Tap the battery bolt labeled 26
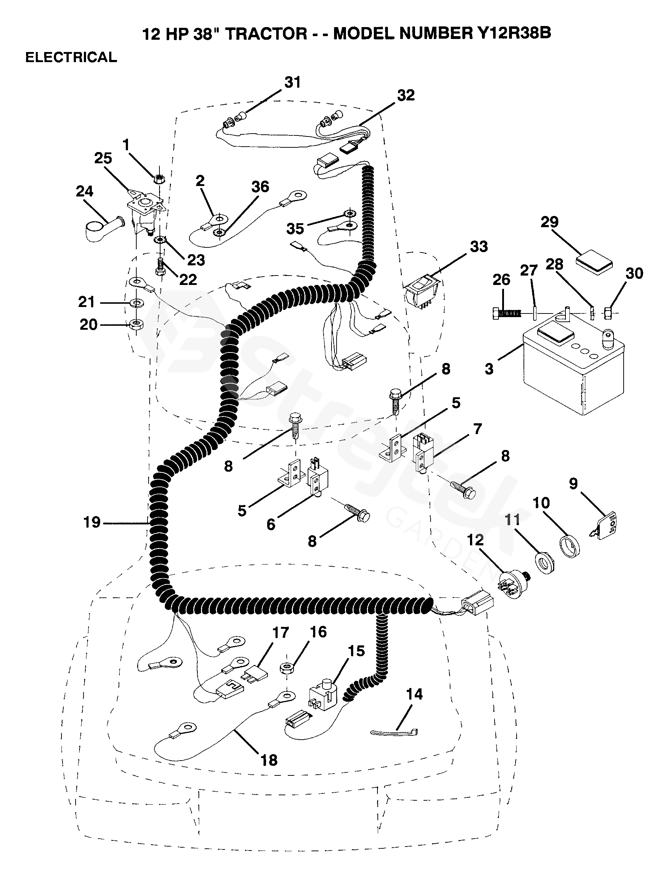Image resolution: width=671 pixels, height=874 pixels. pyautogui.click(x=504, y=313)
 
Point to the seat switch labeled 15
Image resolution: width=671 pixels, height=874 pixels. pyautogui.click(x=323, y=698)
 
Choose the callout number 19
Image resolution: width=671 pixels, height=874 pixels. pyautogui.click(x=92, y=522)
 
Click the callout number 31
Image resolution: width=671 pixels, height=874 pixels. pyautogui.click(x=292, y=82)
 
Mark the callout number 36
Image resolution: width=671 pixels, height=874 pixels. pyautogui.click(x=260, y=187)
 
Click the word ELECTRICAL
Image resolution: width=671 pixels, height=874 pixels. pyautogui.click(x=71, y=57)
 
